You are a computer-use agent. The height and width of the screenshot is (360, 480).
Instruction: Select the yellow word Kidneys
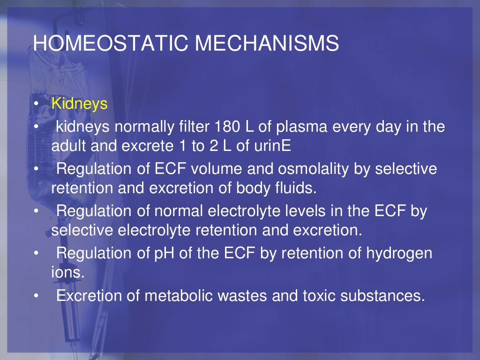pos(80,104)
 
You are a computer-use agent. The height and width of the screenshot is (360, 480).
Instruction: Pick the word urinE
pos(272,146)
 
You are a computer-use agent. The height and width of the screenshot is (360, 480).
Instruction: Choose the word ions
pos(68,273)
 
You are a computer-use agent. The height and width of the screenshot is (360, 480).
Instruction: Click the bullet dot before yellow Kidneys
pos(36,104)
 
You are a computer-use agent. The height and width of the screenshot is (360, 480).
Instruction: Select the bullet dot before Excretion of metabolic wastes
pos(36,296)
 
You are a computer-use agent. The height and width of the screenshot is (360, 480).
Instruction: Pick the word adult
pos(68,146)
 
